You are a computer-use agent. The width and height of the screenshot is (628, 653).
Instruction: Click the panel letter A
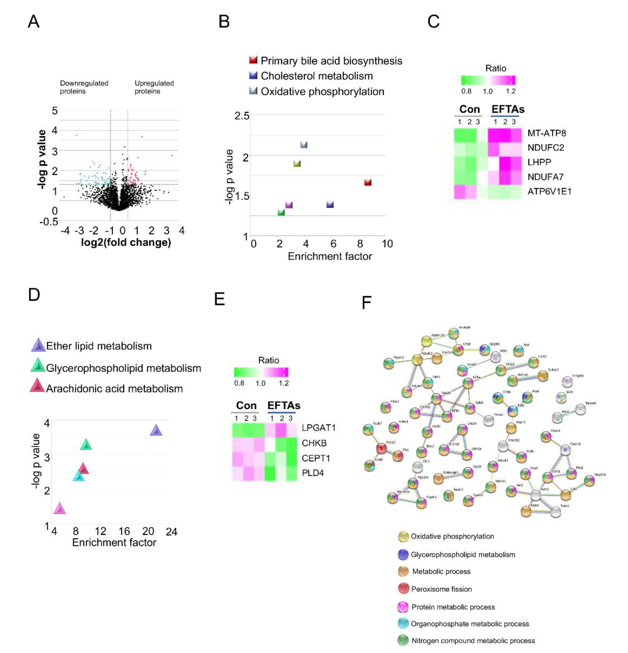point(34,22)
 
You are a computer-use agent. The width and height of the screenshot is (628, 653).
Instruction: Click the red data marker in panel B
point(367,182)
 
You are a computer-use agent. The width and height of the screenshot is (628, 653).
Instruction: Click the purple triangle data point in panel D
point(156,430)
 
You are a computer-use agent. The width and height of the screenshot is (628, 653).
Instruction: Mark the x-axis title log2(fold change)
point(126,242)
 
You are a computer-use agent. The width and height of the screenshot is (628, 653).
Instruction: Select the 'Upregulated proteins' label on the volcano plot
point(154,87)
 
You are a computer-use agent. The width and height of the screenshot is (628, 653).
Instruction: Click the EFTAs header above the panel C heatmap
point(508,109)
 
